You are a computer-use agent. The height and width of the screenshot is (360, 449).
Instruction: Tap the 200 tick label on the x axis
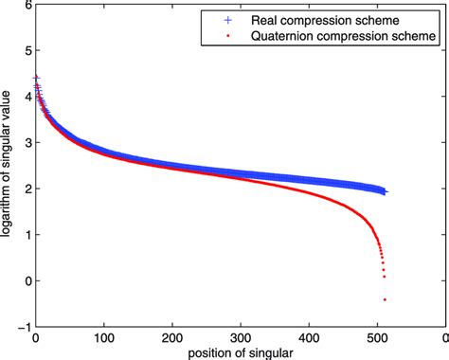pos(171,336)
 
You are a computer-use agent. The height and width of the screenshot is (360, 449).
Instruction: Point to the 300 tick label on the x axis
pos(240,336)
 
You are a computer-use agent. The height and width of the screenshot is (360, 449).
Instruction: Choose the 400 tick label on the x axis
pos(308,336)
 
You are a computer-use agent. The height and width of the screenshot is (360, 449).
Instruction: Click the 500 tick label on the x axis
pos(376,336)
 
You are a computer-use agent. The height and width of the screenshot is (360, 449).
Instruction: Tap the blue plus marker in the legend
pos(224,19)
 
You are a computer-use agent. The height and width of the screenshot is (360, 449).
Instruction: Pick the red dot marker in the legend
pos(224,36)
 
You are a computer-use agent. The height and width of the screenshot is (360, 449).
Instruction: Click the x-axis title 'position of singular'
pos(240,352)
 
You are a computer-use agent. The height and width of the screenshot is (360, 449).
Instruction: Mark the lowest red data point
pos(385,299)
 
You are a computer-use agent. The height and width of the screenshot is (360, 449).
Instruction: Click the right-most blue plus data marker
pos(385,191)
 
